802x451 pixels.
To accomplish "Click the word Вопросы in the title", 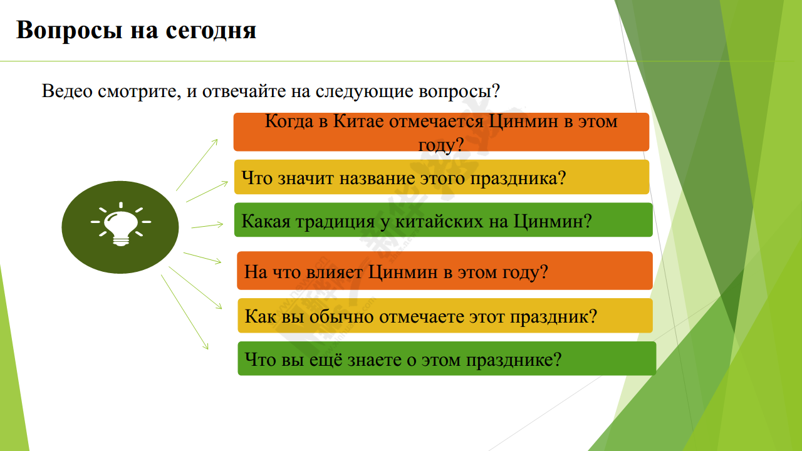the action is (70, 31).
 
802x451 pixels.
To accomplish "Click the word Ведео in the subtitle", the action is (67, 91).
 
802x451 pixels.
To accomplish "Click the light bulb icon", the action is (121, 224).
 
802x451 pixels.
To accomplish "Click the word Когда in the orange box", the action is (289, 122).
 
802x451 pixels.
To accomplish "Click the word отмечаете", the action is (422, 317).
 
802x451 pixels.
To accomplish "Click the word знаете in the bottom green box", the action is (375, 360).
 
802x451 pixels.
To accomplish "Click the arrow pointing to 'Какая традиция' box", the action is (207, 225).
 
